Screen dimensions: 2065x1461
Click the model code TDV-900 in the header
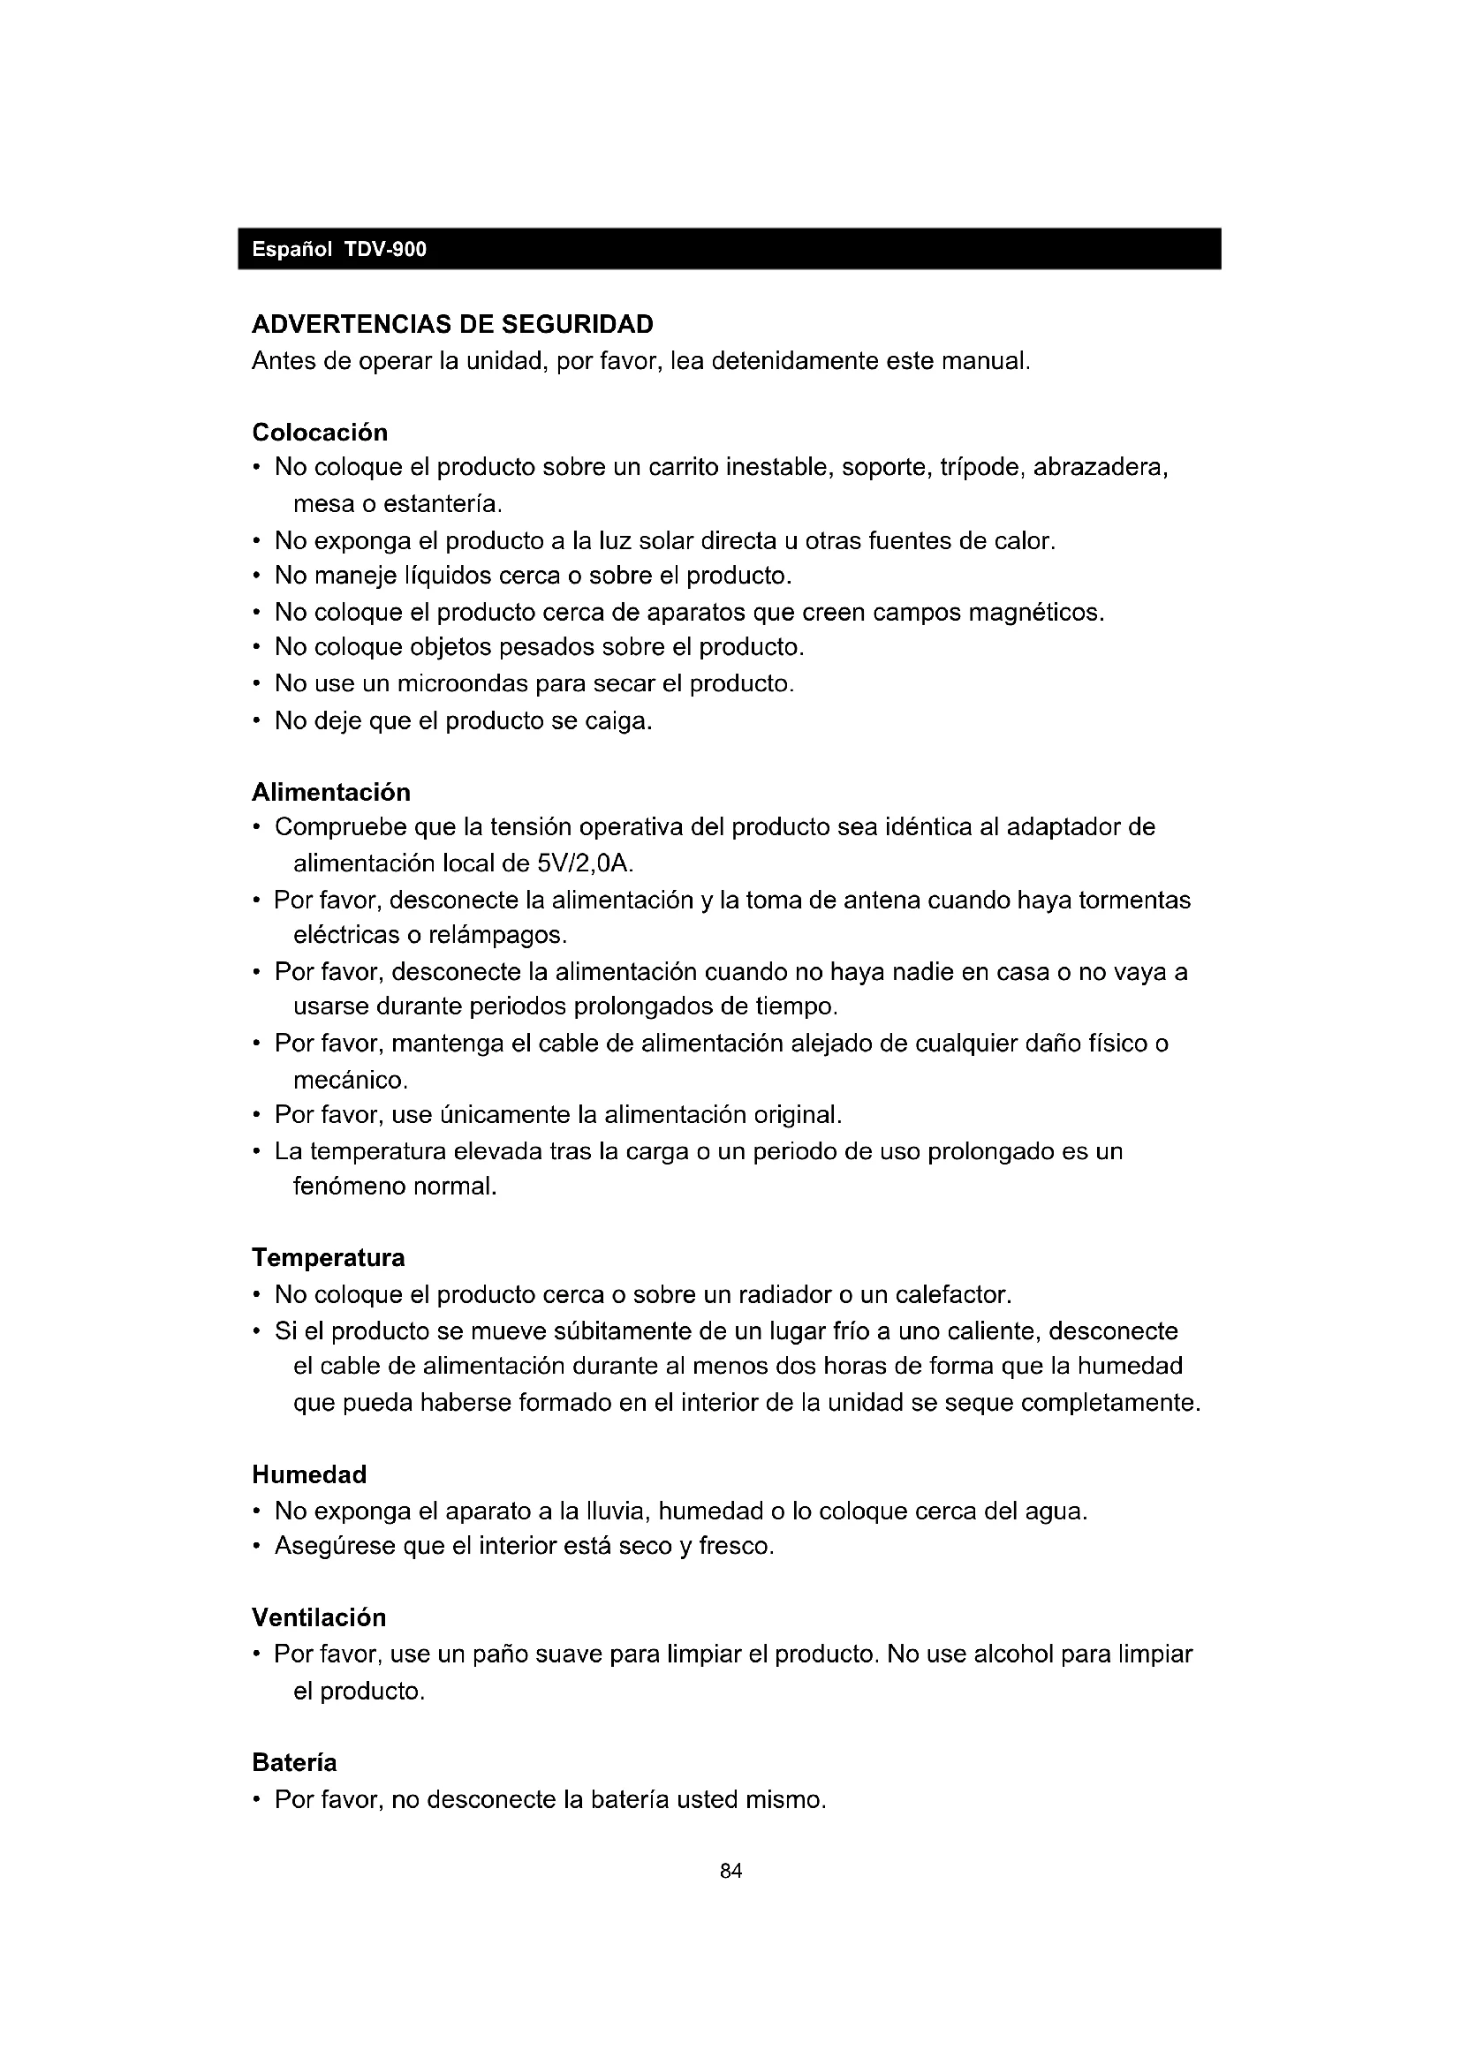tap(385, 250)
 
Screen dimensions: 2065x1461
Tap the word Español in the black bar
tap(291, 250)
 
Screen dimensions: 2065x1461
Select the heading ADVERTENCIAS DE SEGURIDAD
tap(452, 324)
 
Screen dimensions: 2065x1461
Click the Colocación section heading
tap(320, 433)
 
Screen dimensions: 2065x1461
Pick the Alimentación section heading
tap(331, 792)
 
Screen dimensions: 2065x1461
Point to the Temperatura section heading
tap(329, 1257)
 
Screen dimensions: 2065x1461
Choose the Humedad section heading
tap(309, 1475)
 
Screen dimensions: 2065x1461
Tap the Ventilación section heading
tap(319, 1618)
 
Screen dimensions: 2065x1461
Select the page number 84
tap(731, 1872)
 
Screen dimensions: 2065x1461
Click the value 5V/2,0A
tap(585, 864)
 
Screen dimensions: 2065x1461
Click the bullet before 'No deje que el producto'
tap(257, 721)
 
